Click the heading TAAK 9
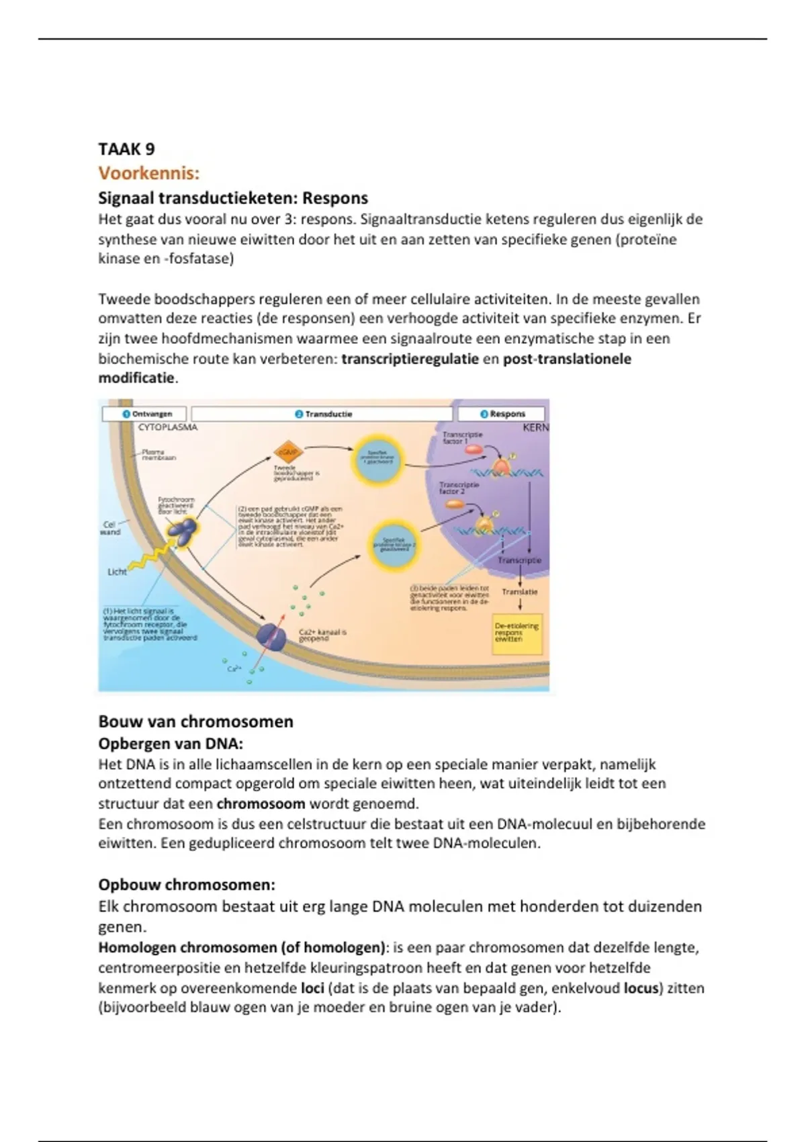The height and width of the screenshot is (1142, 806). coord(126,149)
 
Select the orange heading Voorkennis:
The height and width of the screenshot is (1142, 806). coord(148,173)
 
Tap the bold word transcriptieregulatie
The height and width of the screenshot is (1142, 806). coord(410,359)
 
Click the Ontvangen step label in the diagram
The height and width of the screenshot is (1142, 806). coord(147,414)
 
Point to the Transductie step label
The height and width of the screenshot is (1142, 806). coord(324,414)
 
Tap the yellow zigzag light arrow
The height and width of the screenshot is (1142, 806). coord(152,557)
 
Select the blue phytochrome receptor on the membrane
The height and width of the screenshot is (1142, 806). coord(181,530)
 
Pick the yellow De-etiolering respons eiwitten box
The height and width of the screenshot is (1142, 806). coord(517,633)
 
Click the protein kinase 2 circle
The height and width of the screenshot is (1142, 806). coord(394,544)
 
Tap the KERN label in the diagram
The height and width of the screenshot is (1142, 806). coord(535,427)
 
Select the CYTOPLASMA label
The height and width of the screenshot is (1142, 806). coord(167,427)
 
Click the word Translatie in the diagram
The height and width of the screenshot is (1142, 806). coord(519,592)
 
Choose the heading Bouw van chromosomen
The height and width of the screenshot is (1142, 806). coord(195,721)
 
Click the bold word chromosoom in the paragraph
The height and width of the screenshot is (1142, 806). coord(261,803)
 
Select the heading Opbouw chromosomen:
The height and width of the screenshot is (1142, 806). coord(187,885)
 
